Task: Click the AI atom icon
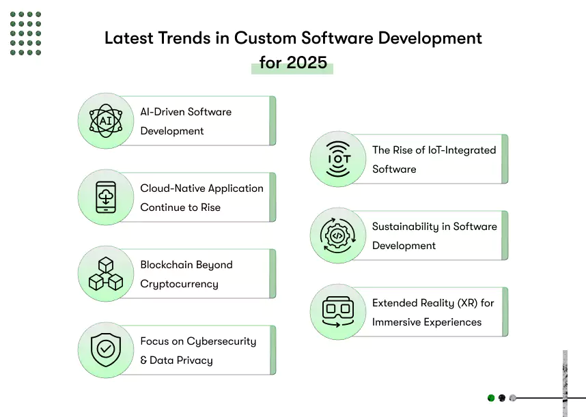pyautogui.click(x=106, y=121)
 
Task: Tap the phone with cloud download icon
pyautogui.click(x=106, y=197)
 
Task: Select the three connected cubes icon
pyautogui.click(x=106, y=274)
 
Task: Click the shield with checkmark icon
pyautogui.click(x=106, y=350)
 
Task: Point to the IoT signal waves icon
pyautogui.click(x=338, y=159)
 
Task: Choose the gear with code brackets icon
pyautogui.click(x=338, y=235)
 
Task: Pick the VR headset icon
pyautogui.click(x=338, y=312)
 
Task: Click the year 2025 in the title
pyautogui.click(x=307, y=62)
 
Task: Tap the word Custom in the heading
pyautogui.click(x=266, y=38)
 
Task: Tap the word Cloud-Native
pyautogui.click(x=172, y=188)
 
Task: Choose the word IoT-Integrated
pyautogui.click(x=462, y=150)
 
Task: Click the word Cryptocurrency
pyautogui.click(x=180, y=284)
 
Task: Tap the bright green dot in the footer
pyautogui.click(x=491, y=398)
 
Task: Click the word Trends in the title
pyautogui.click(x=184, y=38)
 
